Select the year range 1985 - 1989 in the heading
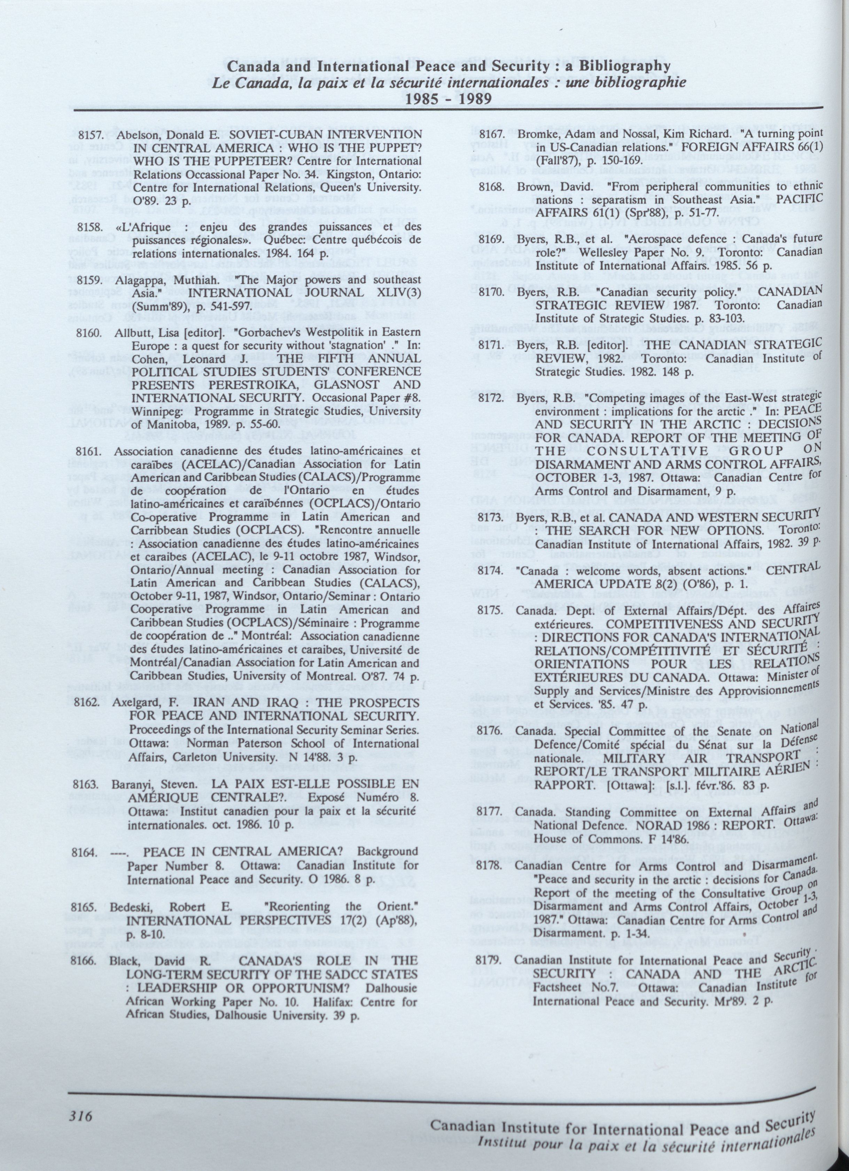tap(449, 98)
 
